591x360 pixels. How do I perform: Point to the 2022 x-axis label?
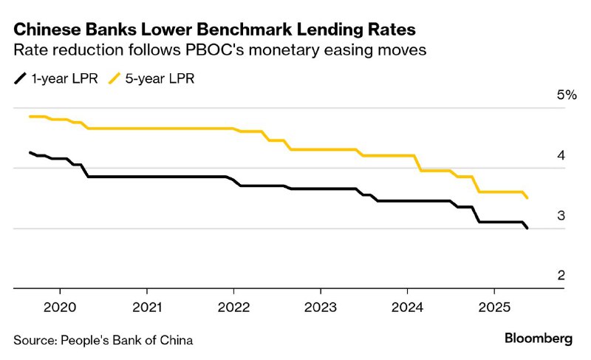coord(234,306)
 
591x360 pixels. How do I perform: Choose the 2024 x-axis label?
coord(408,306)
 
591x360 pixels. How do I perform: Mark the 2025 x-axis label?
coord(494,306)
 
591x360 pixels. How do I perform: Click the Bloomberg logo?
coord(539,339)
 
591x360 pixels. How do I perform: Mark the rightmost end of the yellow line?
coord(527,197)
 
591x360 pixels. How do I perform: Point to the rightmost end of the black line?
coord(527,228)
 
